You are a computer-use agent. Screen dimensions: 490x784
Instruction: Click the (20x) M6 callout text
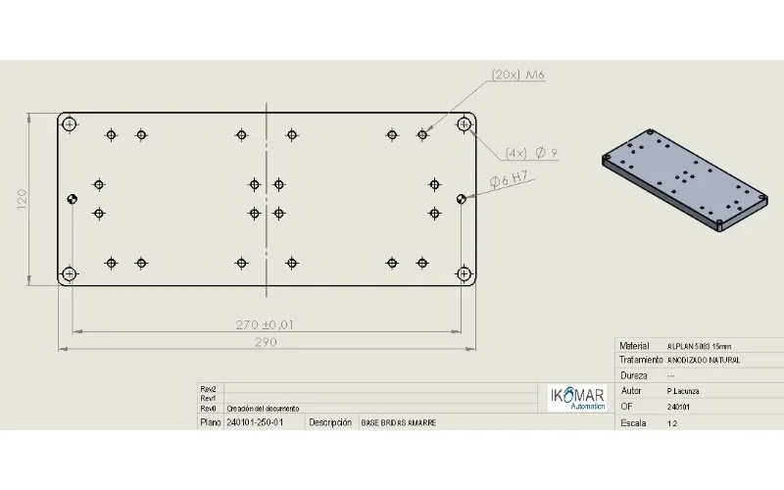tap(518, 74)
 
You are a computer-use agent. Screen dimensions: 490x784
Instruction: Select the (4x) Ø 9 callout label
tap(531, 153)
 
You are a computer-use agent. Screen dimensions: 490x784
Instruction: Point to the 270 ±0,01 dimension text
tap(266, 324)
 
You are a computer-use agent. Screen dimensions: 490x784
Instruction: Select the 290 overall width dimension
tap(266, 342)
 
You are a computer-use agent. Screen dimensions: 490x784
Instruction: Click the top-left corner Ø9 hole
tap(69, 123)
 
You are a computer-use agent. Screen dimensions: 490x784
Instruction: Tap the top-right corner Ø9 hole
tap(465, 123)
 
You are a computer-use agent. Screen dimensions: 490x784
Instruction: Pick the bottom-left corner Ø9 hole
tap(69, 273)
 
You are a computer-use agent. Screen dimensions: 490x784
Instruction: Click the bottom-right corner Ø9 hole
tap(465, 273)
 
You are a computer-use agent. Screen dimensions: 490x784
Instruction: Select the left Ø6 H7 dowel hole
tap(72, 199)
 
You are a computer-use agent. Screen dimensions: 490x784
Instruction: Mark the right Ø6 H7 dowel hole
tap(461, 198)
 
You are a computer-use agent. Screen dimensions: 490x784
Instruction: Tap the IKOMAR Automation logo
tap(576, 397)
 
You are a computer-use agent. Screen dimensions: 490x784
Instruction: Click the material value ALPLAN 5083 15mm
tap(699, 346)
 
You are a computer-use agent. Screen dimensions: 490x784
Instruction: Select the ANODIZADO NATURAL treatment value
tap(704, 361)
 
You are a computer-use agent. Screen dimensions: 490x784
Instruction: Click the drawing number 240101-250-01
tap(255, 422)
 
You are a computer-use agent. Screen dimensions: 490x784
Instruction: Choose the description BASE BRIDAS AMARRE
tap(399, 422)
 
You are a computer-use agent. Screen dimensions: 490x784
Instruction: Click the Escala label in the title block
tap(635, 423)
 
